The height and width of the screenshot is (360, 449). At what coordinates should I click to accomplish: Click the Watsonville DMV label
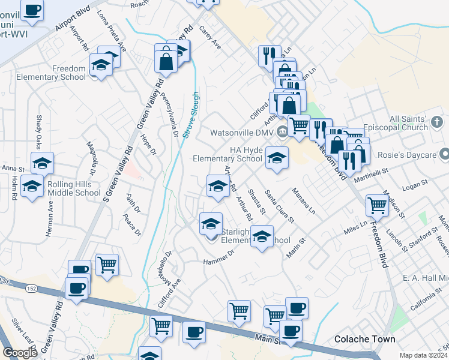pos(241,132)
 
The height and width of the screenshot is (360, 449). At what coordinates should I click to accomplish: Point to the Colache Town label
pos(365,339)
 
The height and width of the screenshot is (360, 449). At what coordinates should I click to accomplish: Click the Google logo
pos(20,353)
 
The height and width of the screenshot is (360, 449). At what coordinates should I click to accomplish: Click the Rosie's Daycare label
pos(412,154)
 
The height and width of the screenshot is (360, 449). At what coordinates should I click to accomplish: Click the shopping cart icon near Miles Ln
pos(377,205)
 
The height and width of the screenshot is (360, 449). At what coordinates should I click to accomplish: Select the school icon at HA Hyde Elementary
pos(276,158)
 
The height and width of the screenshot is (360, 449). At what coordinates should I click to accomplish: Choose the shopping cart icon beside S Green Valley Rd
pos(107,265)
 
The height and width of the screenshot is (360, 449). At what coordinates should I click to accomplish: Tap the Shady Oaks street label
pos(40,134)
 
